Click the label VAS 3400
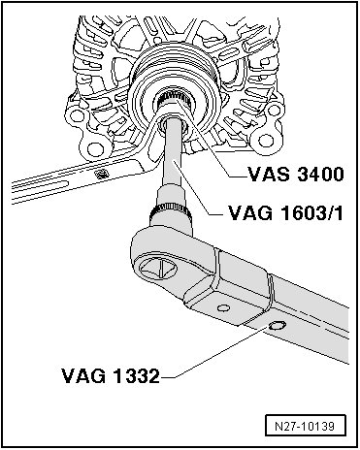pyautogui.click(x=295, y=174)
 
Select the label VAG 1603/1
pyautogui.click(x=285, y=213)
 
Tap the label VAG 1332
pyautogui.click(x=111, y=376)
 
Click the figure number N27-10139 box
pyautogui.click(x=306, y=426)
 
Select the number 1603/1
pyautogui.click(x=311, y=213)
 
